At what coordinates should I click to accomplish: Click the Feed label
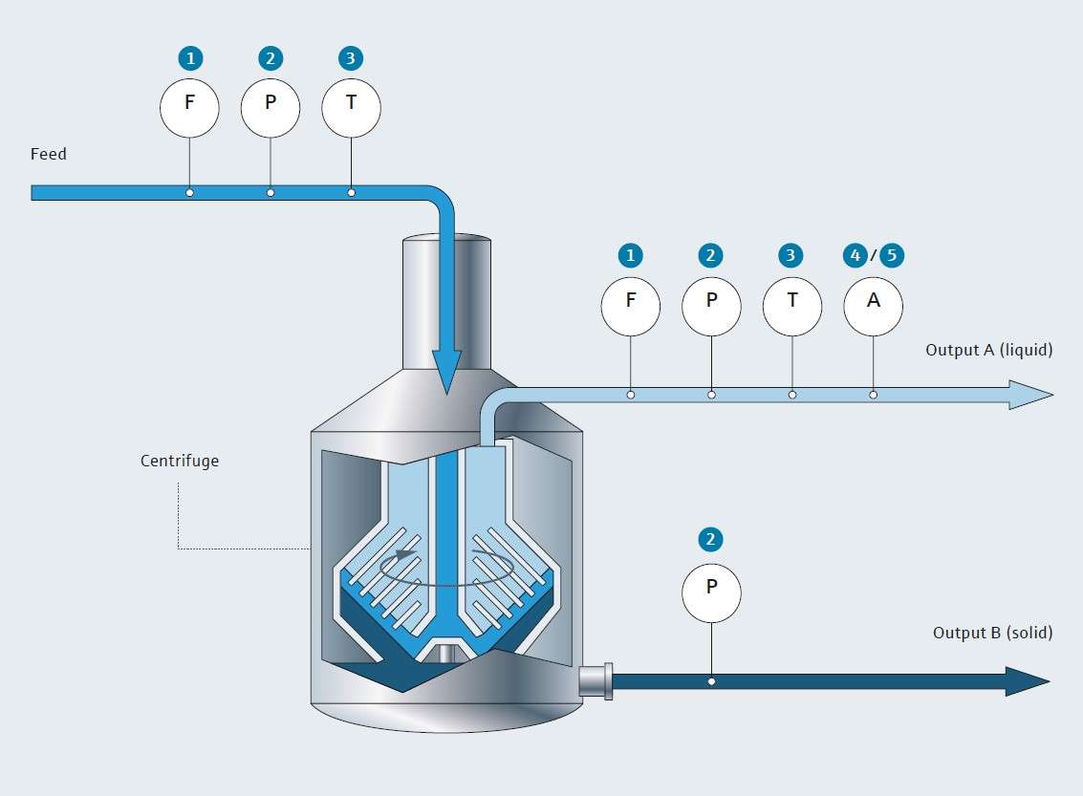click(49, 154)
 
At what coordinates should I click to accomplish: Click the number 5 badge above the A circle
click(892, 255)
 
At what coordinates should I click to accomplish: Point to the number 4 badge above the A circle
click(856, 255)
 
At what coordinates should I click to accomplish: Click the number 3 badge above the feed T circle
click(351, 58)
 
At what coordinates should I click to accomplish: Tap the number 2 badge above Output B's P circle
click(710, 540)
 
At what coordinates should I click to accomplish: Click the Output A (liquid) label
click(988, 350)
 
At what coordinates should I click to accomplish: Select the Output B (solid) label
click(992, 633)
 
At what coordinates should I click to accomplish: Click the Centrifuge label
click(180, 461)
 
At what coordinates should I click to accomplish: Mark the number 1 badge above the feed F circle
click(190, 58)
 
